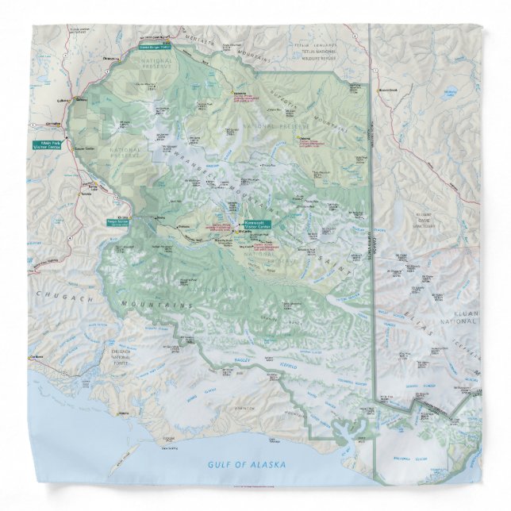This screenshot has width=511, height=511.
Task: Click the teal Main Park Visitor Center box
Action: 45,145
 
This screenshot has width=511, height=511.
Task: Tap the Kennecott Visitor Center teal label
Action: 258,224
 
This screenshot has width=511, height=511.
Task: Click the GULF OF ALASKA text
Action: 246,464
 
